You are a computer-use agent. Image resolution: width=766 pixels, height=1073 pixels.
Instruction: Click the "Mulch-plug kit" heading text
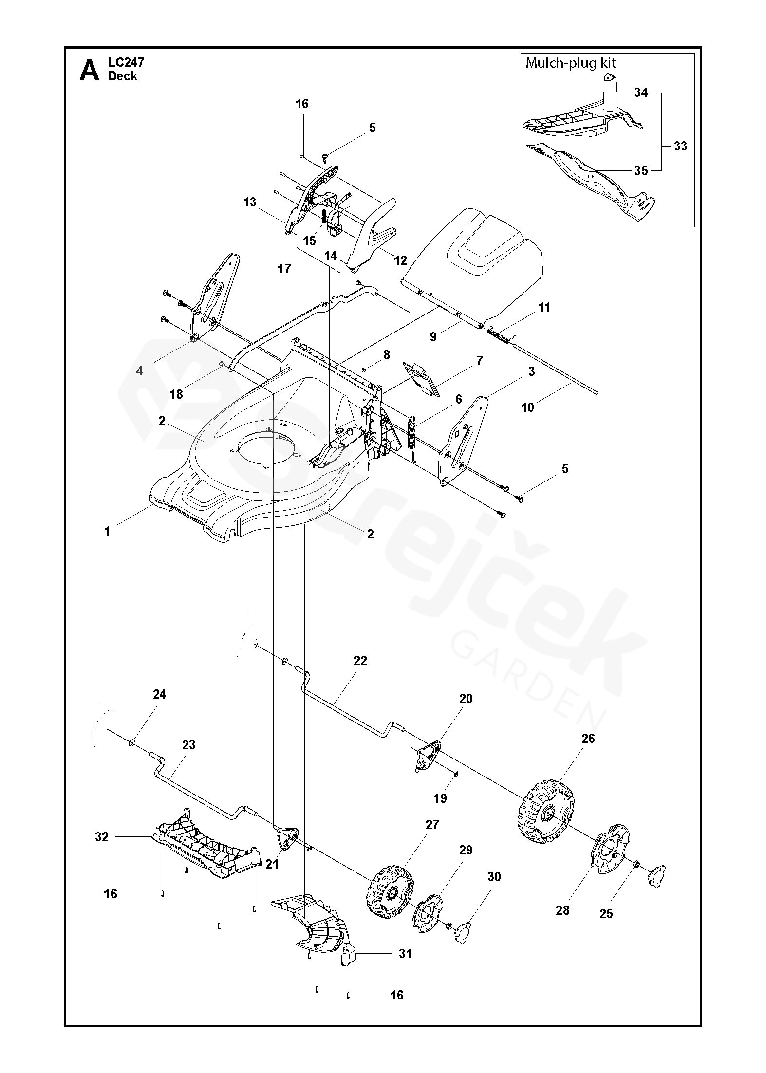571,63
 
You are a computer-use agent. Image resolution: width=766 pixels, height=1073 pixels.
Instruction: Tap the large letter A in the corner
90,70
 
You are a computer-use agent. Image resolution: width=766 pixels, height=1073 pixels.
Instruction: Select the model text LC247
126,62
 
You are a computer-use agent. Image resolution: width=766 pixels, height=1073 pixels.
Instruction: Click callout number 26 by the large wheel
588,739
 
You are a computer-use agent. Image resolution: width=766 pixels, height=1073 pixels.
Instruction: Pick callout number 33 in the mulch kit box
680,146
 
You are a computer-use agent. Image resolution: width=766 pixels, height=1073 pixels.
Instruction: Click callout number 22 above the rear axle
360,661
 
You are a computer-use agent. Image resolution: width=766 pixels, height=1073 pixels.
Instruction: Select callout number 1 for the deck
107,531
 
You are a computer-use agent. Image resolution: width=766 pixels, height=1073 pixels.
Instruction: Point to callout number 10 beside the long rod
528,407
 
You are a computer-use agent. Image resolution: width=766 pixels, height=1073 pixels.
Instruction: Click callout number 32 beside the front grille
101,837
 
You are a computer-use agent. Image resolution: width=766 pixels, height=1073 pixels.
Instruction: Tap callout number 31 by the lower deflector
405,953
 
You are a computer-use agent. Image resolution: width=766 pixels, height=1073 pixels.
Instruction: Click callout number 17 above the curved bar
284,268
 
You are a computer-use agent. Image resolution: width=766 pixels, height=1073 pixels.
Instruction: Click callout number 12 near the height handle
400,260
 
